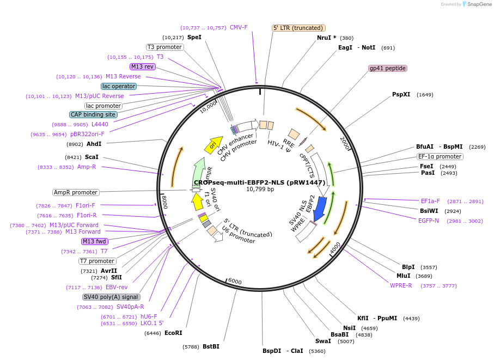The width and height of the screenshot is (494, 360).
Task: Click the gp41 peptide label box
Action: (x=388, y=68)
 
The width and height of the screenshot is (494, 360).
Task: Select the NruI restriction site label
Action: (x=326, y=38)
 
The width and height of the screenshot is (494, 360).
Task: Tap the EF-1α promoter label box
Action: (x=440, y=156)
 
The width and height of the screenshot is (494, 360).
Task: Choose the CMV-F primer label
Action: (x=239, y=27)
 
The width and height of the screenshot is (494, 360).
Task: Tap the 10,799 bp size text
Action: (x=260, y=190)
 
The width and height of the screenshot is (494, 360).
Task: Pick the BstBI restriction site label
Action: (x=211, y=346)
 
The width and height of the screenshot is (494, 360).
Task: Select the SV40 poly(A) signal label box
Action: (x=111, y=297)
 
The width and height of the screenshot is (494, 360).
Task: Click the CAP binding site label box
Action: (x=93, y=114)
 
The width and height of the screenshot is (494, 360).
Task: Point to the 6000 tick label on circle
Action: (x=235, y=281)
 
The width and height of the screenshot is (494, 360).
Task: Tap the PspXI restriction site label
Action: (x=401, y=94)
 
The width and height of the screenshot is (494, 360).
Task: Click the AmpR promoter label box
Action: (x=76, y=192)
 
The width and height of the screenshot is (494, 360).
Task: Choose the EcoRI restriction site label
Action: (x=173, y=333)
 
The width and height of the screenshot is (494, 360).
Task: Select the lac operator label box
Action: (x=119, y=86)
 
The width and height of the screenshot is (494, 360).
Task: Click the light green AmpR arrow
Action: (x=198, y=173)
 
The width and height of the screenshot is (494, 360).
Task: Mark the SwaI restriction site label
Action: (x=323, y=341)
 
